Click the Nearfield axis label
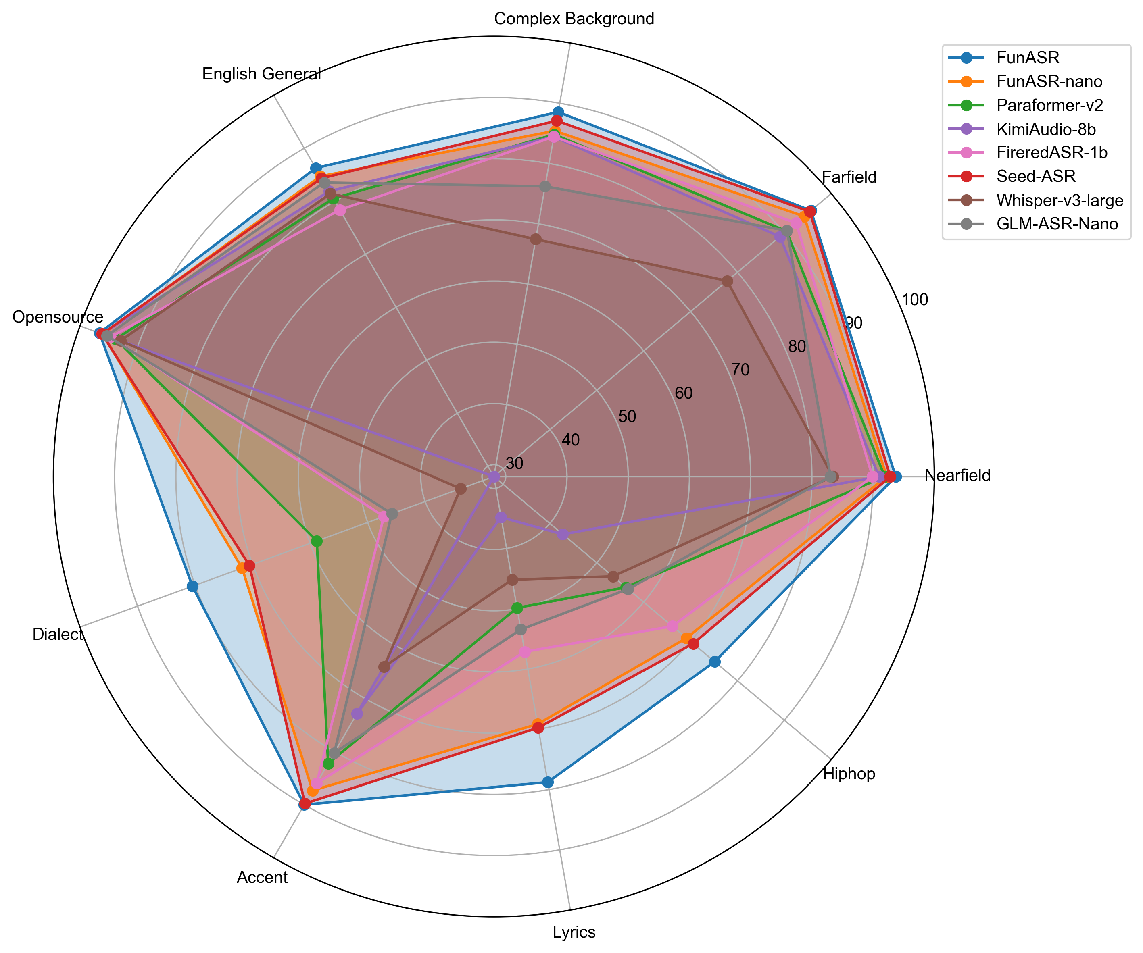957,476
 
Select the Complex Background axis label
574,19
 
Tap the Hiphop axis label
849,774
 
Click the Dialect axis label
58,634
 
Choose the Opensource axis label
58,317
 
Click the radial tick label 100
914,300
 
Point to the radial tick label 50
627,417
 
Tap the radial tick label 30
514,464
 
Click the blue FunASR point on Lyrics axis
548,782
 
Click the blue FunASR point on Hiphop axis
715,662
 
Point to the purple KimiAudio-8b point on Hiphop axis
563,535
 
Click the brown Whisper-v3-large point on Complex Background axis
536,239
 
